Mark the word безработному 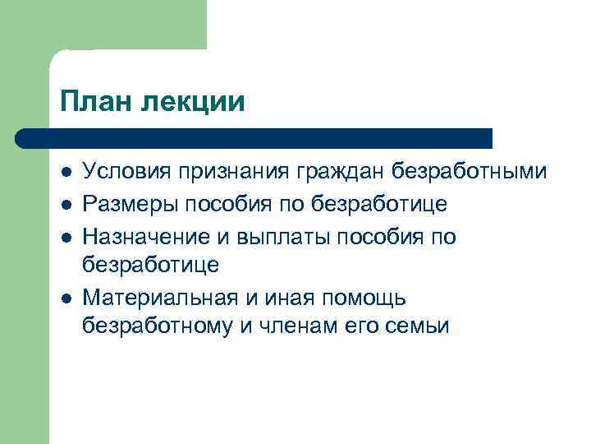[154, 326]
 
